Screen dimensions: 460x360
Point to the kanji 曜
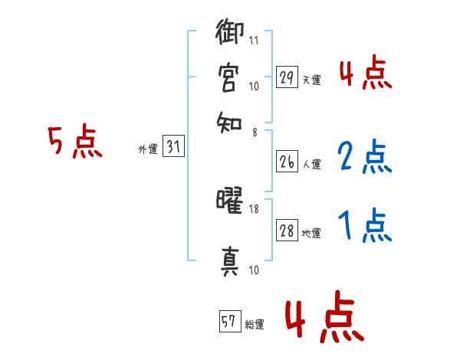229,202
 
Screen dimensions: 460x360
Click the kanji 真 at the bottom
229,261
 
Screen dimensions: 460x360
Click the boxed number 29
287,77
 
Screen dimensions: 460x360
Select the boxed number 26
287,161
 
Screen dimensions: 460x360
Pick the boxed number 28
287,231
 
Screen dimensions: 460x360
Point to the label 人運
312,163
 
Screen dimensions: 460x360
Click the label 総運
255,325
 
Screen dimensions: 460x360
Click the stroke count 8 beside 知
254,132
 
